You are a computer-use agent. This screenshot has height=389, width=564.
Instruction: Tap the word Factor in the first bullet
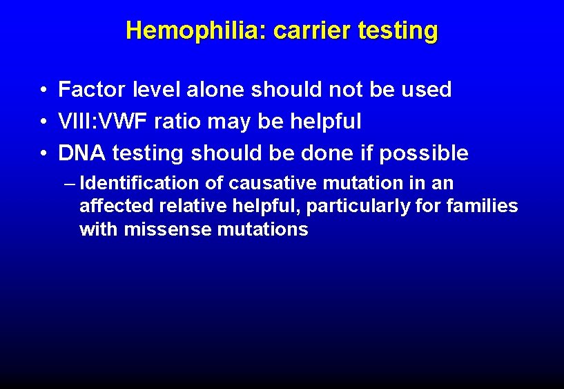point(91,90)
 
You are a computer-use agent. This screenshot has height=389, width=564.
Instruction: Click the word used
point(427,90)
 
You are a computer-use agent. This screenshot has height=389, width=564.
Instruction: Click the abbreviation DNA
point(82,153)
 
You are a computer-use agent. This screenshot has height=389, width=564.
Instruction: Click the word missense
point(166,229)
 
